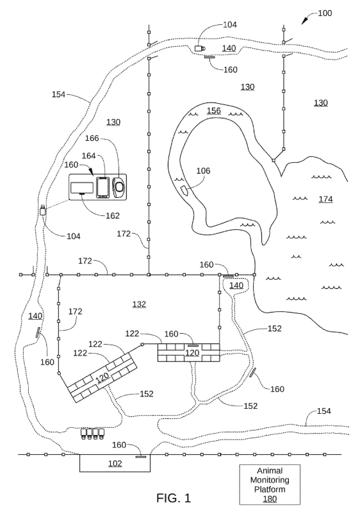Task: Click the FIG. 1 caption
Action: coord(174,498)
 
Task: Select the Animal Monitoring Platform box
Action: coord(270,484)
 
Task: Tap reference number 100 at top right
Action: coord(325,13)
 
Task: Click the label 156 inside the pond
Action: coord(214,111)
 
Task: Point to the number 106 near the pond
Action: coord(203,171)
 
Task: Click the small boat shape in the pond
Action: coord(184,190)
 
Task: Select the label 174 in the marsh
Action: coord(325,199)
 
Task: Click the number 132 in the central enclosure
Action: coord(139,304)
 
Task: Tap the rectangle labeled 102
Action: coord(115,463)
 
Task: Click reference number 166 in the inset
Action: coord(92,138)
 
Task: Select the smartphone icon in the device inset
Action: coord(103,188)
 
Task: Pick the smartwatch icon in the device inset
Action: coord(119,188)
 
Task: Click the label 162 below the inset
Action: coord(112,215)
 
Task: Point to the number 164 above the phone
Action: coord(88,156)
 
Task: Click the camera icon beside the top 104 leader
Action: coord(200,48)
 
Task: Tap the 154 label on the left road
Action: coord(58,95)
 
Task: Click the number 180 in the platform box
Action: coord(270,499)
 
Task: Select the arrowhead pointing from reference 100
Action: coord(304,21)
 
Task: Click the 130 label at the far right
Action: coord(320,102)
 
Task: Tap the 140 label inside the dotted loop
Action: coord(236,286)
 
